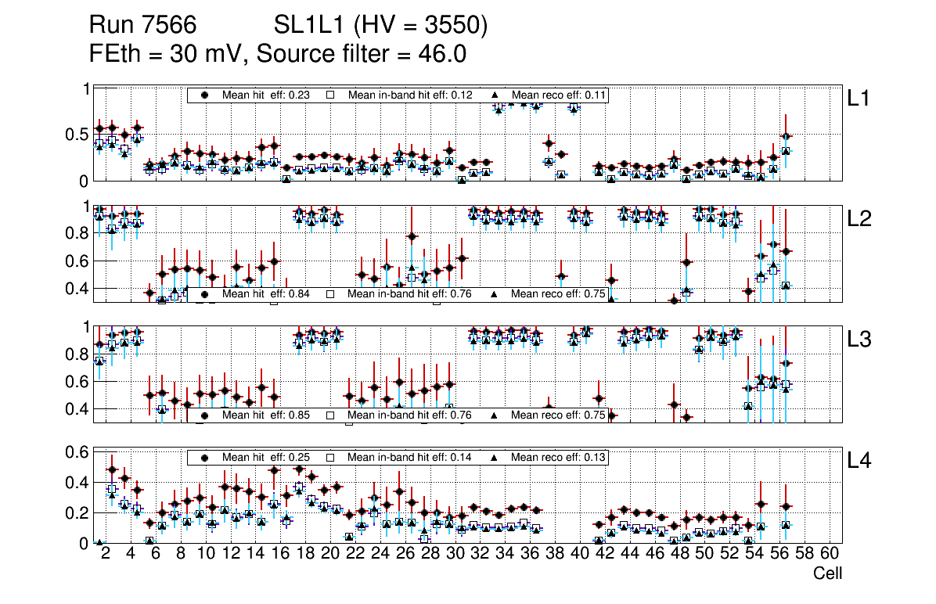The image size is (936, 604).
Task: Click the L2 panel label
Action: point(859,219)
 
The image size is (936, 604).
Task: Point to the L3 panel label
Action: point(859,340)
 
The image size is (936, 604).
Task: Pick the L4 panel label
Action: point(859,461)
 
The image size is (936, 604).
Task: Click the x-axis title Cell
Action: point(827,573)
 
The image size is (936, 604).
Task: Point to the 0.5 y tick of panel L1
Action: point(77,135)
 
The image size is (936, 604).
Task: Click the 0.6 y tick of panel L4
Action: point(77,452)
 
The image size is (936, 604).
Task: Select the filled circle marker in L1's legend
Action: point(205,95)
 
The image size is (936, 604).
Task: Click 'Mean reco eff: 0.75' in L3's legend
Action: point(558,415)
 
